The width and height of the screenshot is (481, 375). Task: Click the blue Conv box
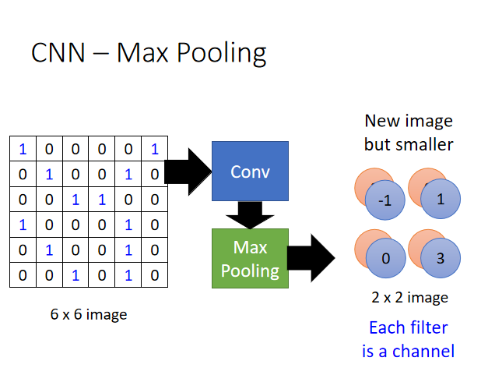pos(250,172)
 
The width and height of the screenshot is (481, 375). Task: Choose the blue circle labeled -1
pos(384,200)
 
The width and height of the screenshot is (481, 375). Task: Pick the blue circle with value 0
pos(384,257)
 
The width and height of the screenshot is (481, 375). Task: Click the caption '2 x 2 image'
pos(409,297)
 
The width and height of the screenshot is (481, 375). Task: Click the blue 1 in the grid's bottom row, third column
pos(75,274)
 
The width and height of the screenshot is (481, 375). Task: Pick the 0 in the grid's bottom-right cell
pos(155,274)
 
